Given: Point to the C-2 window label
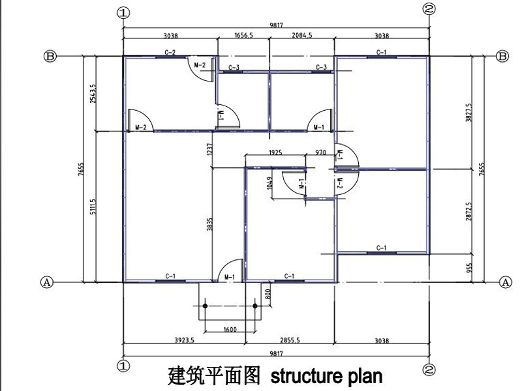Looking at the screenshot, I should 170,52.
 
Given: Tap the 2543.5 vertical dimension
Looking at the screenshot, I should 93,94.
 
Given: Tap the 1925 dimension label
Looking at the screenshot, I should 274,152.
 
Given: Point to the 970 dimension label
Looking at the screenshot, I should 320,152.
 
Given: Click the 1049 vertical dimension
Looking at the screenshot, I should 269,183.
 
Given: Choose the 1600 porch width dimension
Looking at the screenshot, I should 230,330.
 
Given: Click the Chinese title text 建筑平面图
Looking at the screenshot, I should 215,376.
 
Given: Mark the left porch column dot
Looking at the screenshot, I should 205,305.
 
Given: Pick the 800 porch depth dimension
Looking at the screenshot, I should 267,293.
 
